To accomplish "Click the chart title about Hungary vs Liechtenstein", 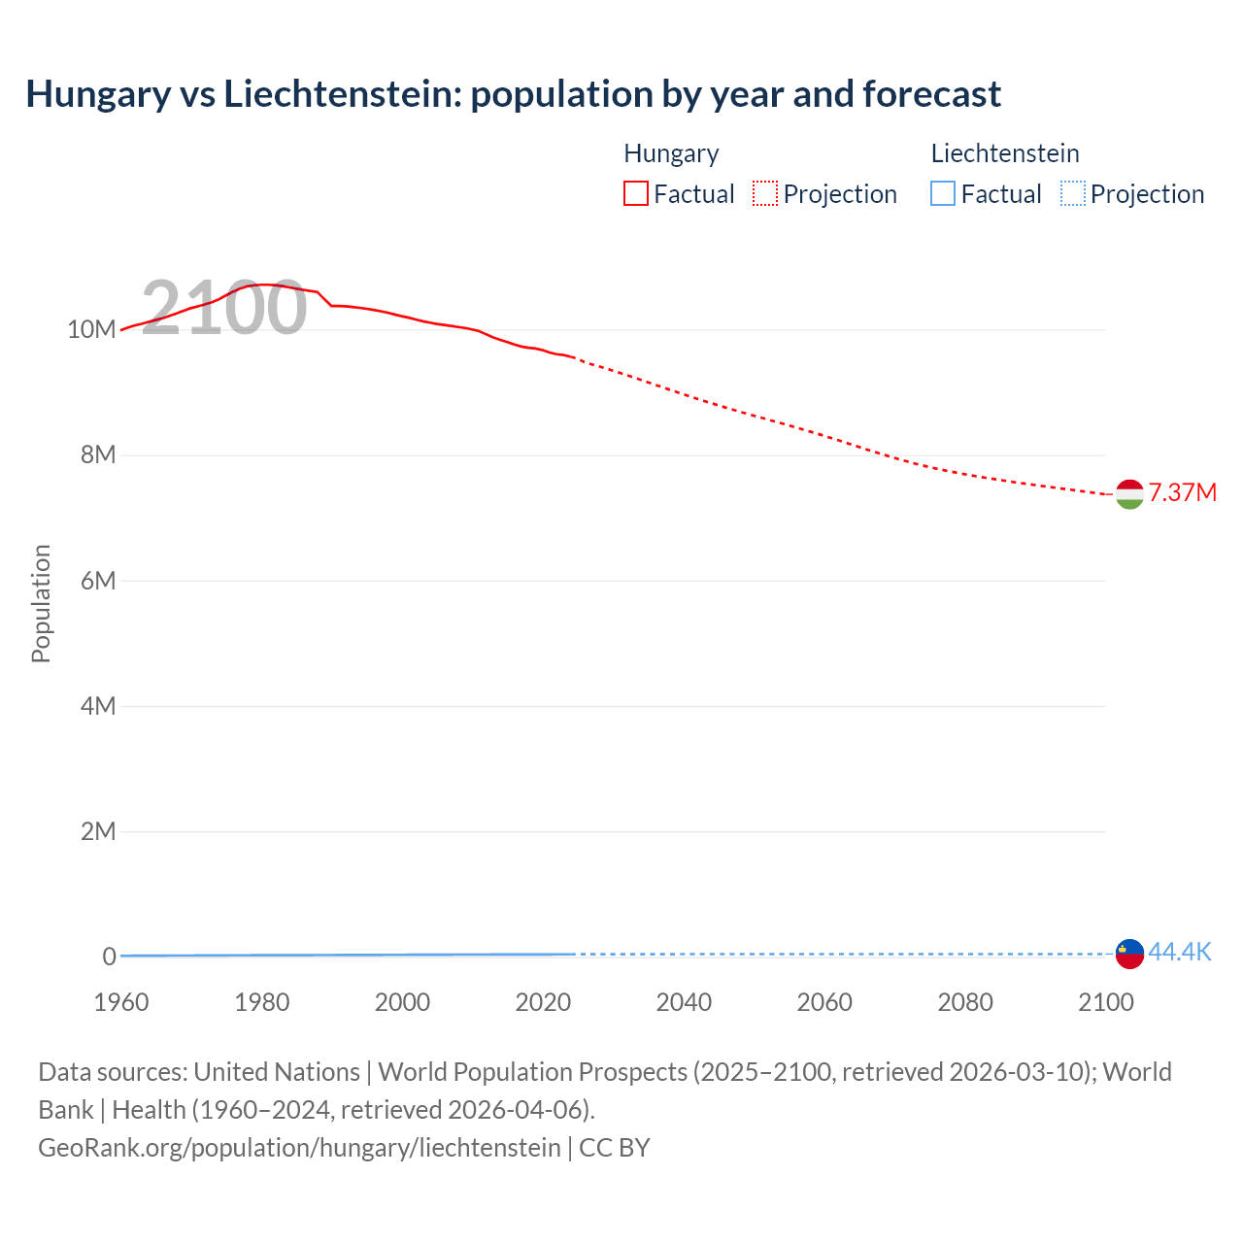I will click(513, 94).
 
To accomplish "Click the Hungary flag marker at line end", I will click(1129, 494).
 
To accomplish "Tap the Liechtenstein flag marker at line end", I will click(1129, 954).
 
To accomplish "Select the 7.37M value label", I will click(1182, 492).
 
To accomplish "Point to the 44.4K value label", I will click(1179, 952).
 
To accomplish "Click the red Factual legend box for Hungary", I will click(636, 193).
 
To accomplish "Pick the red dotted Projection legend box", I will click(765, 193).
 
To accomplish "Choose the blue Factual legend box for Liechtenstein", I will click(943, 193).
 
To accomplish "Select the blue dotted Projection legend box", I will click(1072, 193).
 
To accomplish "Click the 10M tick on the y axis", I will click(91, 329).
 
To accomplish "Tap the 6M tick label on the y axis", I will click(98, 581).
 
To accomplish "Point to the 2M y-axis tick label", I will click(98, 831).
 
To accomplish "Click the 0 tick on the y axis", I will click(109, 957).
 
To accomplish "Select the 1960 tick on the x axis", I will click(121, 1002).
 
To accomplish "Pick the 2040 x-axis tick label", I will click(684, 1002).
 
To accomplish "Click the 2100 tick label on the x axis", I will click(1105, 1002).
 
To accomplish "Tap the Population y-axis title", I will click(41, 603).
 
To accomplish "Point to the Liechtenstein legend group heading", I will click(1005, 153).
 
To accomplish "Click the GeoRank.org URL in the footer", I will click(299, 1147).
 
